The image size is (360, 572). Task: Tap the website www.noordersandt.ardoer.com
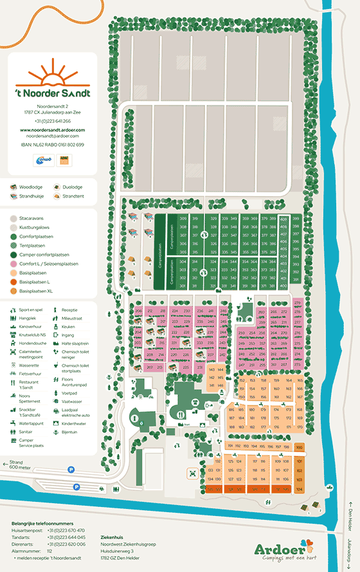pos(53,130)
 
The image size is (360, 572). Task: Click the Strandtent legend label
pos(73,196)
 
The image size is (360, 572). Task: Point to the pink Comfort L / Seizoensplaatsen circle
pos(14,264)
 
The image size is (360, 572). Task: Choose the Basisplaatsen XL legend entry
pos(14,291)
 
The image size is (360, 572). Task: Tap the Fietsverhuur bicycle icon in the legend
pos(14,373)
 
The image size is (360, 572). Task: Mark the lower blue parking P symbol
pos(76,486)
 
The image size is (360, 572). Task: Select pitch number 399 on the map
pos(296,219)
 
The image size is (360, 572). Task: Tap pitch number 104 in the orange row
pos(299,489)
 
